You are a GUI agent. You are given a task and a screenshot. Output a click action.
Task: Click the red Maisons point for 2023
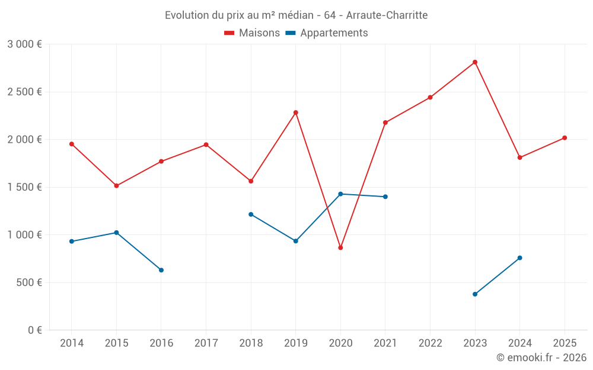(475, 62)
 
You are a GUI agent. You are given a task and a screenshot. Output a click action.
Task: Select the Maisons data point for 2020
(340, 247)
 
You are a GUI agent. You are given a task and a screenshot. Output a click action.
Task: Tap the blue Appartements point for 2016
(161, 270)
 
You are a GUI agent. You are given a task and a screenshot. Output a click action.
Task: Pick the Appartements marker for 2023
(475, 294)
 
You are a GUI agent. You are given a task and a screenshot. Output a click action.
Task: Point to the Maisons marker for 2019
(296, 112)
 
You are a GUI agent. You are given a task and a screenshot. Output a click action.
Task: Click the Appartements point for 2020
(340, 194)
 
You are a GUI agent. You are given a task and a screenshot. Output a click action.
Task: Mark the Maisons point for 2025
(565, 138)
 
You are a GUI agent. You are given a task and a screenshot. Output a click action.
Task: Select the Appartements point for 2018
(251, 214)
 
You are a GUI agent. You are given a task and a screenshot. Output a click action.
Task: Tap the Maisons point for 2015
(116, 186)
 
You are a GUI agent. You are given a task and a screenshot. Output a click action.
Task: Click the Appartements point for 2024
(520, 258)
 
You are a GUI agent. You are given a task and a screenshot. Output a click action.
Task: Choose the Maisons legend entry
(253, 33)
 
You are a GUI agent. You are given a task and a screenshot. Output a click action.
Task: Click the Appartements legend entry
(327, 33)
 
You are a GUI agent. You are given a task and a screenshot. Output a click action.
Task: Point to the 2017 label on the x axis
(206, 343)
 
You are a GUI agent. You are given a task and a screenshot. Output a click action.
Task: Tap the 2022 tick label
(430, 343)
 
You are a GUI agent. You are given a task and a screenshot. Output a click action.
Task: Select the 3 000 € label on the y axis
(24, 44)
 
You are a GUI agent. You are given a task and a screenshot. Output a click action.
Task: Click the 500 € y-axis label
(28, 282)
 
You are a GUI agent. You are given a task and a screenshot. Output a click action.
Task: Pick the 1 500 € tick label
(24, 187)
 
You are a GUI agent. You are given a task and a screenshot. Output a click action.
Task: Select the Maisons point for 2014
(71, 144)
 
